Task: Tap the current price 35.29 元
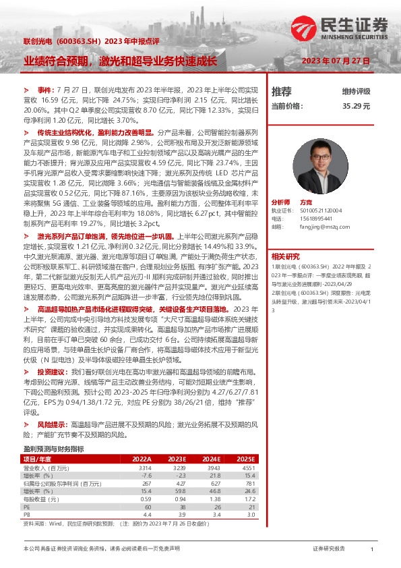(357, 106)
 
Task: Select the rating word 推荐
(281, 91)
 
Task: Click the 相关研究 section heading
(285, 256)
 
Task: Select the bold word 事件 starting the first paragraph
(44, 90)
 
